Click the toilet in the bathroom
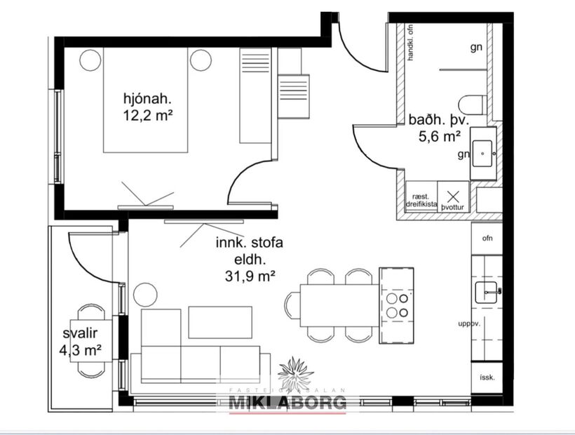[x=475, y=104]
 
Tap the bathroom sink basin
[x=483, y=152]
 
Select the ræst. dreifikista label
[x=421, y=200]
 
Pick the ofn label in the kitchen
[x=487, y=239]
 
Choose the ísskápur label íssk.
[x=487, y=377]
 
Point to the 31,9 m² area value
[x=243, y=276]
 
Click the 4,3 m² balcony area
[x=81, y=347]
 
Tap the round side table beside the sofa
[x=145, y=293]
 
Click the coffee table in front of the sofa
[x=220, y=321]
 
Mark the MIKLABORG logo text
[x=287, y=402]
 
